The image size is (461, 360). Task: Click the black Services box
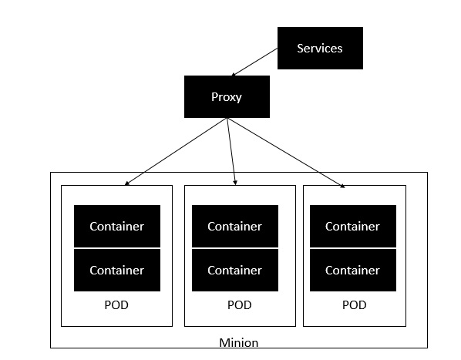click(319, 48)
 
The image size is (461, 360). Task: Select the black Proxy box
click(227, 96)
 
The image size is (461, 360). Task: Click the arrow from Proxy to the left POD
click(176, 151)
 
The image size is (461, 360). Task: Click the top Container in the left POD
click(116, 226)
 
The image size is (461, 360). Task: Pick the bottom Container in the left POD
click(116, 270)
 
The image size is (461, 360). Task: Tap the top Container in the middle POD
click(234, 226)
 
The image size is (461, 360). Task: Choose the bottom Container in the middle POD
click(234, 270)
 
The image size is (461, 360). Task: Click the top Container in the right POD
click(352, 226)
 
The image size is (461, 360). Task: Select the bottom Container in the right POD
click(352, 270)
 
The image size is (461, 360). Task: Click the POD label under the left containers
click(116, 304)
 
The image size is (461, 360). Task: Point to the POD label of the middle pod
click(239, 304)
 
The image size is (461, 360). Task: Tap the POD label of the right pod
click(354, 304)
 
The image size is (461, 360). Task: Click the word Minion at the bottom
click(238, 342)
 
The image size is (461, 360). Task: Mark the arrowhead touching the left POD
click(126, 183)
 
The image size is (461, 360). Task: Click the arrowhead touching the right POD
click(341, 184)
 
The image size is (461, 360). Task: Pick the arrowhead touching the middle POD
click(234, 183)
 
